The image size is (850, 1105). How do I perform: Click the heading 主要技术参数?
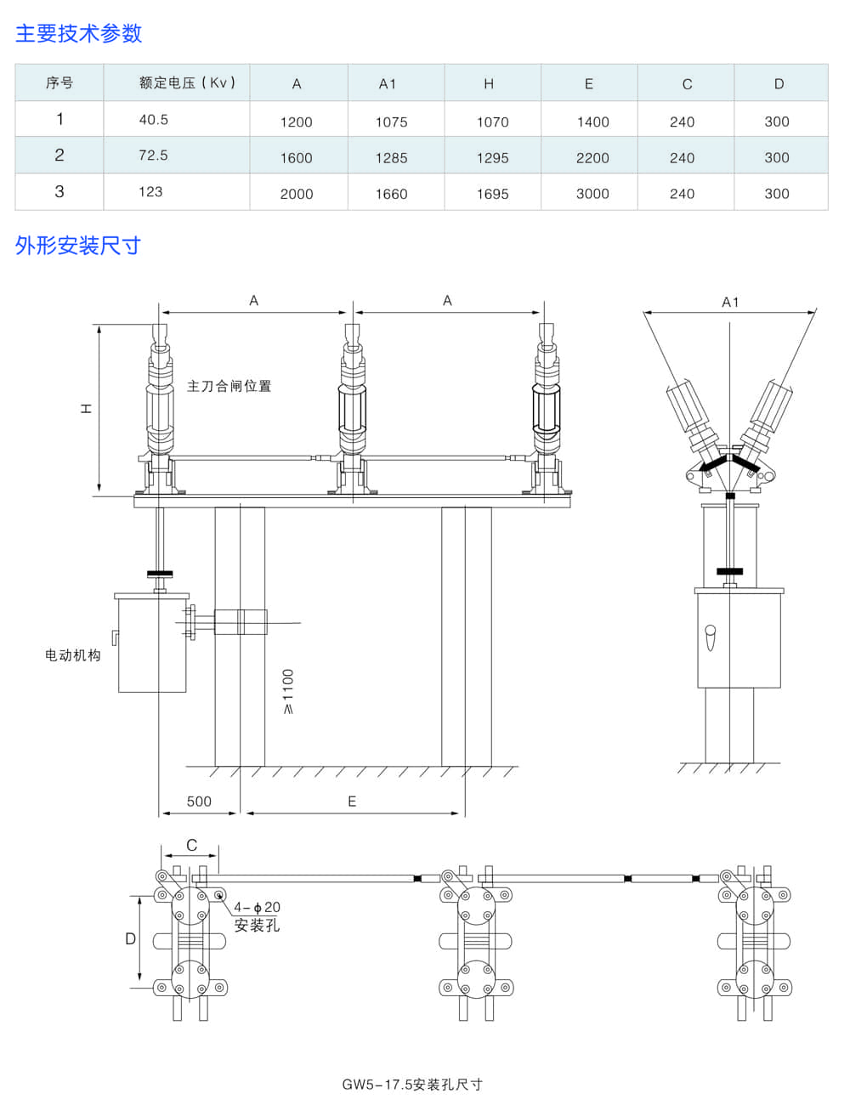point(78,33)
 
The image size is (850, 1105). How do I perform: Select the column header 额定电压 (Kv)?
point(187,82)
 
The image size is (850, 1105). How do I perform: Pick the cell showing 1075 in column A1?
point(391,122)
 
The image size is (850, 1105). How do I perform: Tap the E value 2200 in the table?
point(592,158)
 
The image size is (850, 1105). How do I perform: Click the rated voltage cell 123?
point(150,191)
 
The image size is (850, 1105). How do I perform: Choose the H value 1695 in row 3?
point(492,194)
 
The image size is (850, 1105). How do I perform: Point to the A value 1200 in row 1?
point(296,122)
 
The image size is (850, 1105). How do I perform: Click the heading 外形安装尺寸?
point(77,246)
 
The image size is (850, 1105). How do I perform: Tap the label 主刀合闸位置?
point(229,386)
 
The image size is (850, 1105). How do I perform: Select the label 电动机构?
point(72,655)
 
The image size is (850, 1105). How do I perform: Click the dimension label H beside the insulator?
point(86,409)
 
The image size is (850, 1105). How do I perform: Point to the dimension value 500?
point(199,802)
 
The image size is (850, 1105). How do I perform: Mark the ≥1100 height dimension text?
point(288,691)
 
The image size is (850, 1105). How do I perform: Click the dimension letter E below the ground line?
point(352,802)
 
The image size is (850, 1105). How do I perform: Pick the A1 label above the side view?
point(730,302)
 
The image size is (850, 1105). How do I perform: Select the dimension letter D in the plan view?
point(130,939)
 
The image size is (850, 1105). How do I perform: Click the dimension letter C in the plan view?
point(191,846)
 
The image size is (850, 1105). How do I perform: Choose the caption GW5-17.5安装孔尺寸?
point(412,1085)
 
